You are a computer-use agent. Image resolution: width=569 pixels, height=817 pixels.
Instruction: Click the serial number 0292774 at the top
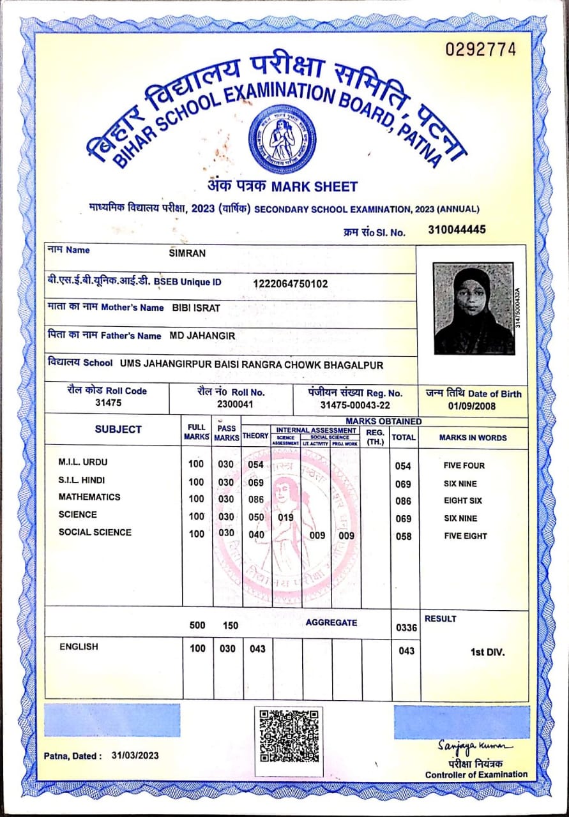(x=480, y=50)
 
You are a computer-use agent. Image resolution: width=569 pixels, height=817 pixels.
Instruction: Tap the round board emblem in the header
(x=282, y=139)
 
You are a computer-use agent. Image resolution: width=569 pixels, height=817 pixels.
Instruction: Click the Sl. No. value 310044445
(x=457, y=230)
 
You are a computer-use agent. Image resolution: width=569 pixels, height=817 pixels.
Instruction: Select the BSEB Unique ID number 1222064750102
(x=291, y=283)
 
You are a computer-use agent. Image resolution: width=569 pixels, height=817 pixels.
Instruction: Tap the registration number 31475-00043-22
(x=355, y=405)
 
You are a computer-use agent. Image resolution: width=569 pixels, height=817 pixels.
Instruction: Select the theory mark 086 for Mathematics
(x=256, y=501)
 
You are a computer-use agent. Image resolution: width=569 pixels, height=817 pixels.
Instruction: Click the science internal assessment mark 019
(x=285, y=518)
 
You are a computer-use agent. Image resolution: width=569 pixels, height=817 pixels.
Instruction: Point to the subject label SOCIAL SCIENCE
(x=95, y=532)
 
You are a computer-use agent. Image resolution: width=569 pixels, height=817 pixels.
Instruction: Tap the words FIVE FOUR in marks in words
(x=464, y=466)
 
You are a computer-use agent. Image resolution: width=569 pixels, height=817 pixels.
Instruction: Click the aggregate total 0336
(x=406, y=627)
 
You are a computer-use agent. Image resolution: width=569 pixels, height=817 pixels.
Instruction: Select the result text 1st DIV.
(x=487, y=652)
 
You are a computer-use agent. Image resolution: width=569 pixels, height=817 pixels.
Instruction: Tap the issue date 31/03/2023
(x=135, y=756)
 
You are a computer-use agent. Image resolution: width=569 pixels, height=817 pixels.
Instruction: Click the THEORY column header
(x=255, y=436)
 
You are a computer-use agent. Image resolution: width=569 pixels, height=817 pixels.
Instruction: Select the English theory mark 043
(x=257, y=648)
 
